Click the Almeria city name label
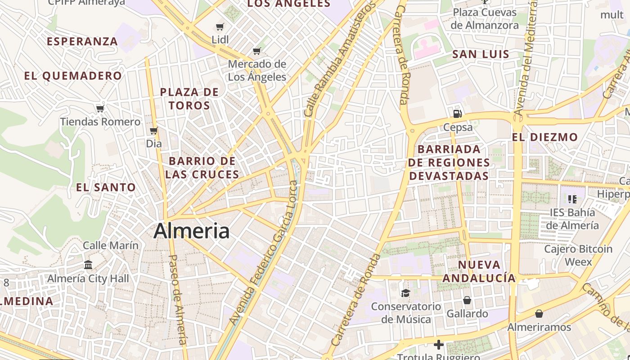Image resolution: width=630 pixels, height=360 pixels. pos(191,231)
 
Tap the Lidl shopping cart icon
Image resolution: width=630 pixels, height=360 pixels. pos(220,27)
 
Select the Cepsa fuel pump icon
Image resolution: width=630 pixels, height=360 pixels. pos(458,113)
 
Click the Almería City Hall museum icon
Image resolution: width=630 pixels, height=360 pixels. pos(88,265)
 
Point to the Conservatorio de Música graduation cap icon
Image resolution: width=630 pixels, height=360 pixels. pos(405,293)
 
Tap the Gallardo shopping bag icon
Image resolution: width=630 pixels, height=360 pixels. pos(467,300)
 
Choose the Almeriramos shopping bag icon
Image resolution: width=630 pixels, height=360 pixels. pos(539,314)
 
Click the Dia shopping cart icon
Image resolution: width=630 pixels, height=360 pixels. pos(154,131)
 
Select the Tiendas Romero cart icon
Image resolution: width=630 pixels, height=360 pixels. pos(100,108)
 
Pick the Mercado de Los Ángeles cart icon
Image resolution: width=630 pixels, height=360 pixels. pos(257,51)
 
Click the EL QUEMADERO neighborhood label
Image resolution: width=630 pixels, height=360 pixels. pos(73,76)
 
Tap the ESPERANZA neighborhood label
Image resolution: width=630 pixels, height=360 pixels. pos(82,41)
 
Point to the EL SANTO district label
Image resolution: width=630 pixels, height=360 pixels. pos(106,187)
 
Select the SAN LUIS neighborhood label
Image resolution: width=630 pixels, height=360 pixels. pos(481,54)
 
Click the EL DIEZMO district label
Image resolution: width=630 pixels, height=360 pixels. pos(544,137)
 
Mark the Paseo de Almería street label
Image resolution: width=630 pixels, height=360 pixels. pos(177,299)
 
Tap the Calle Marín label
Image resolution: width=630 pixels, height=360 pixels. pos(111,246)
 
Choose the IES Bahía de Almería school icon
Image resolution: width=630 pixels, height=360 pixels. pos(572,199)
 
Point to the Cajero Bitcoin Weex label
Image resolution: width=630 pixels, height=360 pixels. pos(578,255)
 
